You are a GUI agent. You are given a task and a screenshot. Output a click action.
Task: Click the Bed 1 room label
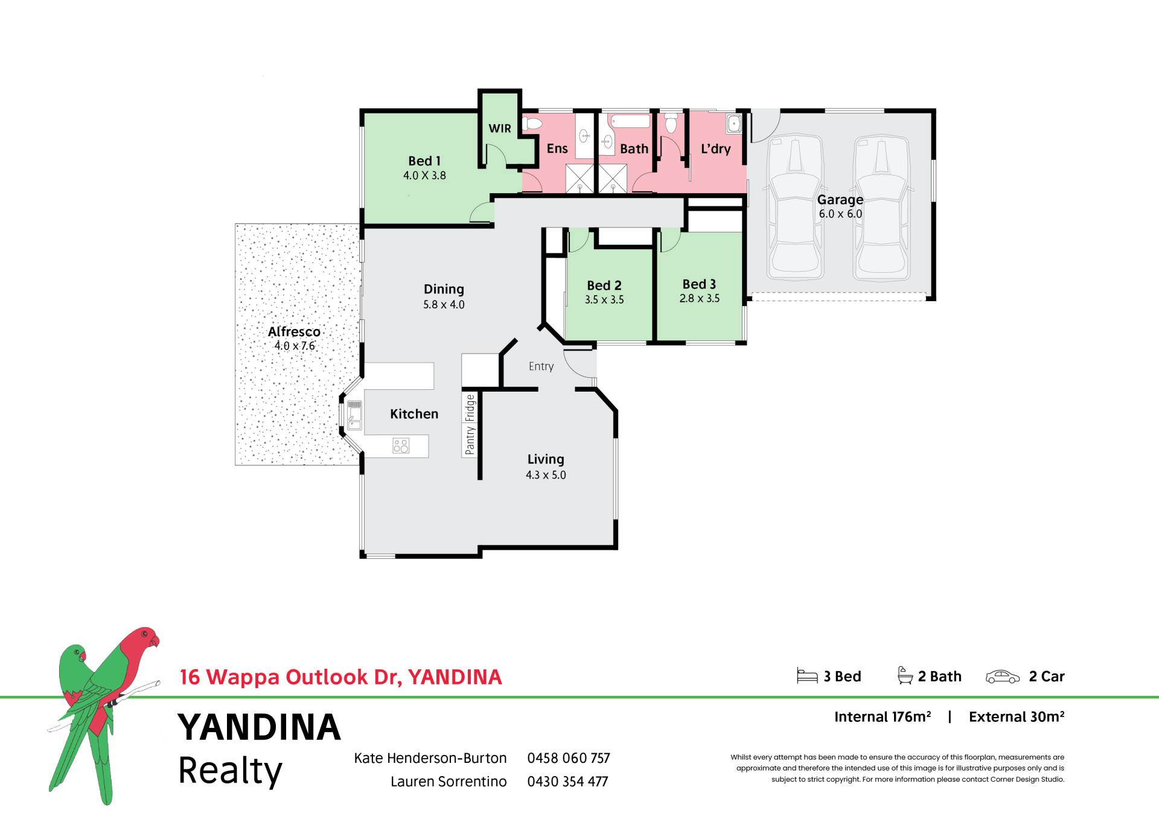tap(424, 161)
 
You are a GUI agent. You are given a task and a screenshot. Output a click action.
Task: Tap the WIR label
tap(500, 129)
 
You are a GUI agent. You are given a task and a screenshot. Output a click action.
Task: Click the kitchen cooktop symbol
tap(401, 446)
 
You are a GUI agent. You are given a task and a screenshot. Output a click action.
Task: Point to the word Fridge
tap(470, 408)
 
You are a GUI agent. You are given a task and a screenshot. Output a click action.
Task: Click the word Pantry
tap(470, 440)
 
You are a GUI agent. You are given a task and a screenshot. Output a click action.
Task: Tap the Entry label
tap(541, 366)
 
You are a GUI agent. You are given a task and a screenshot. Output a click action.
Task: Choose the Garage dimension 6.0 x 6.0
tap(840, 214)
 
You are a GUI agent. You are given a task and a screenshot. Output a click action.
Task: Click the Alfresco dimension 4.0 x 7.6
tap(295, 346)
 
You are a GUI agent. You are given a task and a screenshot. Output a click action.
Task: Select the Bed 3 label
tap(699, 284)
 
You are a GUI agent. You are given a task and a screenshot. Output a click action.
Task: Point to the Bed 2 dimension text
tap(604, 299)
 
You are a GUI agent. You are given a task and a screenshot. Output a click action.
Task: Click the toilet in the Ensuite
tap(532, 124)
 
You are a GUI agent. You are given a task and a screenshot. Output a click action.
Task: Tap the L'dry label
tap(715, 148)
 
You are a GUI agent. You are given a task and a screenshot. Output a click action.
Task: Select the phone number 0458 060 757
tap(569, 758)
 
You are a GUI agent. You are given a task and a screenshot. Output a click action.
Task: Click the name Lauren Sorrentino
tap(449, 782)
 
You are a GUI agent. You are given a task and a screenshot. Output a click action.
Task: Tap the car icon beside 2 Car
tap(1003, 677)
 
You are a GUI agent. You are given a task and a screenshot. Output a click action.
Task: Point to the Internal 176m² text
tap(883, 716)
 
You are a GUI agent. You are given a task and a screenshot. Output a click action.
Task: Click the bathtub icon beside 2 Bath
tap(905, 675)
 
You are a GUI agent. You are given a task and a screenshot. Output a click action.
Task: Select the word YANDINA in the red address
tap(455, 677)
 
